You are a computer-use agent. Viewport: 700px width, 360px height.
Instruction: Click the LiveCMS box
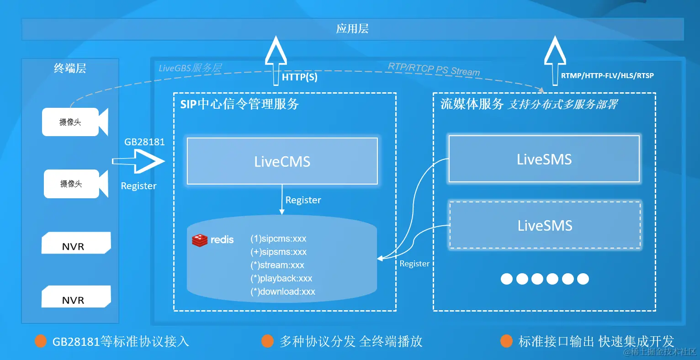click(282, 161)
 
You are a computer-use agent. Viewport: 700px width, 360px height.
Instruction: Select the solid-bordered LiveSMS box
click(544, 159)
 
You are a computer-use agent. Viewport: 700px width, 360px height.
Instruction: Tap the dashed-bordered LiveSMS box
click(545, 225)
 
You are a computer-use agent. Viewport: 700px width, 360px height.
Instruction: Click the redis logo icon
click(200, 240)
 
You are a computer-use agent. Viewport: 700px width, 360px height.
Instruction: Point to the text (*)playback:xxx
click(281, 278)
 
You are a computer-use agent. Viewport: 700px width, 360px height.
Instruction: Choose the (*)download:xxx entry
click(282, 291)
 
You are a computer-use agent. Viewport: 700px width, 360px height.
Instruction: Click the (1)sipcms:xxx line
click(278, 238)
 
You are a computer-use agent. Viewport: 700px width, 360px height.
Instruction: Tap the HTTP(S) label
click(299, 77)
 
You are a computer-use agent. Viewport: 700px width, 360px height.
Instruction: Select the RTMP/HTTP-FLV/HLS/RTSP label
click(607, 75)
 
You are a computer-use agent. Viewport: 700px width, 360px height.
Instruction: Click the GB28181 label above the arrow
click(144, 142)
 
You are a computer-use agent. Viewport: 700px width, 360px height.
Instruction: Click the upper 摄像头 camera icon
click(74, 122)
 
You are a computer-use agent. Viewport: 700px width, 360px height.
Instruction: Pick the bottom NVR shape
click(76, 297)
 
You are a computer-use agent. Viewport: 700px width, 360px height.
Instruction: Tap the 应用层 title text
click(352, 29)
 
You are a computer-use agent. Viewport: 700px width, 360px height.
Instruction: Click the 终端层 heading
click(70, 69)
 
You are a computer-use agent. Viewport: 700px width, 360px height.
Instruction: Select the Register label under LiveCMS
click(303, 200)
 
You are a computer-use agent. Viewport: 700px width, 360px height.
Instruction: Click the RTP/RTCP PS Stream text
click(434, 69)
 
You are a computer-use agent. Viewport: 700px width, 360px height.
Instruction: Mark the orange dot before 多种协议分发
click(267, 341)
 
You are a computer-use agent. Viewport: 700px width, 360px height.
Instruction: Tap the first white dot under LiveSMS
click(507, 279)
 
